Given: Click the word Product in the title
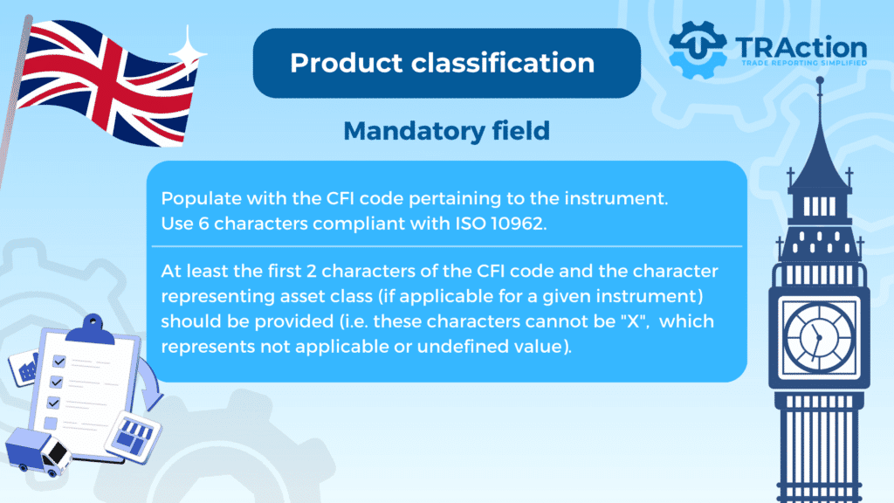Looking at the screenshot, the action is [x=346, y=63].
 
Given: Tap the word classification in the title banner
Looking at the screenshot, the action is [x=503, y=63].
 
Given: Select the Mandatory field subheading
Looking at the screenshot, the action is [x=446, y=131].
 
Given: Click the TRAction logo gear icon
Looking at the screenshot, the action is [x=698, y=50].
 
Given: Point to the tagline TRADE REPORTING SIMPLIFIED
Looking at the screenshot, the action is [x=804, y=63].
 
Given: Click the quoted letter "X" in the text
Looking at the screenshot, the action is [x=634, y=321].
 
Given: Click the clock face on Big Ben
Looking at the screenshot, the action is [x=819, y=337].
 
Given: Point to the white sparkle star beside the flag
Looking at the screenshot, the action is [x=188, y=52].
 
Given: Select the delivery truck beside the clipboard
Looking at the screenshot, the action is [x=38, y=451].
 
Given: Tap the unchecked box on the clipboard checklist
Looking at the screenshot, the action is [x=50, y=424].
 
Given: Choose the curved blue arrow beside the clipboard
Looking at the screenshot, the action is [x=150, y=384].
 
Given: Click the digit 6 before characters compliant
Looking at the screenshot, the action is [x=203, y=224].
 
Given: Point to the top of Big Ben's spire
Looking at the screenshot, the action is [x=820, y=79].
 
